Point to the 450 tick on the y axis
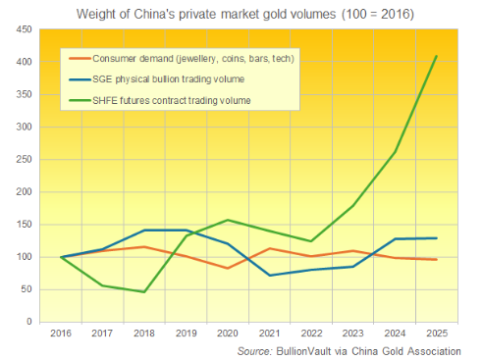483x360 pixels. coord(23,29)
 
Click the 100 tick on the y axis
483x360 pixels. coord(23,257)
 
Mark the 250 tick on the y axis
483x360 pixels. coord(23,160)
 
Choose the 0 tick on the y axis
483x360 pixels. coord(28,322)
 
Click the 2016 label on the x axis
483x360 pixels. coord(62,334)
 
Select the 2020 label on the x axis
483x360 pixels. coord(228,334)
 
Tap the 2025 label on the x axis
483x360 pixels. coord(435,334)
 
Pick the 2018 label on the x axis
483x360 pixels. coord(144,334)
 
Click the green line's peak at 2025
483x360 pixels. coord(435,56)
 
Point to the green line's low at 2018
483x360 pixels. coord(144,292)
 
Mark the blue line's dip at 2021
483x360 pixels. coord(269,276)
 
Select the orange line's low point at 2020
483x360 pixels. coord(228,268)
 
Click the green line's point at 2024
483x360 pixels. coord(394,152)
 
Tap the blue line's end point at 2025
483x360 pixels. coord(435,238)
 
